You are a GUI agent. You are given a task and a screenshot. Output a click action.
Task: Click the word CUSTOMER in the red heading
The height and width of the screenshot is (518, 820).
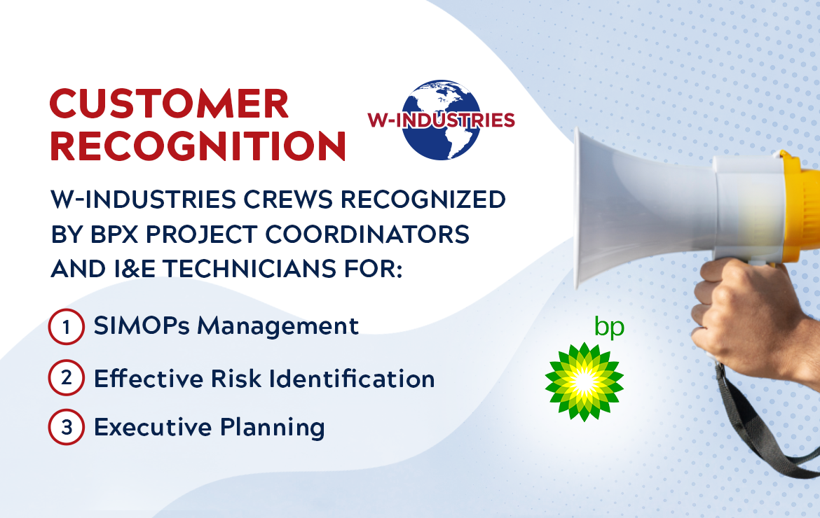coord(169,104)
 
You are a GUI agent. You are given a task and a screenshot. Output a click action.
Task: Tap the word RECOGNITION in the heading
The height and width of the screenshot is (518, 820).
coord(198,146)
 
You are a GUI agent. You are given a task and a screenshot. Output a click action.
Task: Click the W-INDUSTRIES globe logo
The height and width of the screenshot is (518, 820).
coord(442,119)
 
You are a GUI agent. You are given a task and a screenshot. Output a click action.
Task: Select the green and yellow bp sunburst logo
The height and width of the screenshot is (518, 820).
coord(584,381)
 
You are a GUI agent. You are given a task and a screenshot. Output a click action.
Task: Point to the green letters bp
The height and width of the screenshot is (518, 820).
coord(608,327)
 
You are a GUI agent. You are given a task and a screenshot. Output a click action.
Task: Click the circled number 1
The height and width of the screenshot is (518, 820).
coord(67,328)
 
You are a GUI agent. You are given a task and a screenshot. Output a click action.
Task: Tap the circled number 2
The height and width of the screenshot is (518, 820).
coord(67,379)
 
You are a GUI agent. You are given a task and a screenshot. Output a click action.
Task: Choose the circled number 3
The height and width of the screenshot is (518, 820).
coord(67,427)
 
